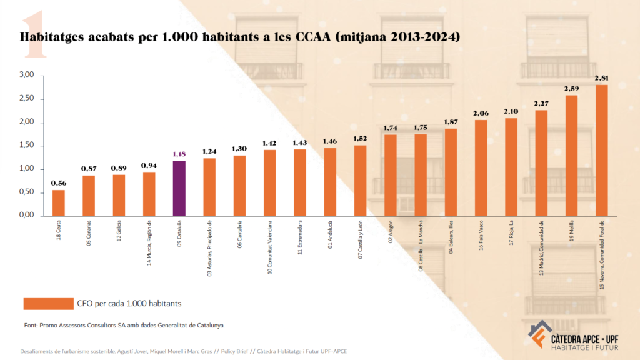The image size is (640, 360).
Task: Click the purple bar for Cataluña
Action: tap(179, 188)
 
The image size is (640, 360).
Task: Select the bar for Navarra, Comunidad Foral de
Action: tap(601, 150)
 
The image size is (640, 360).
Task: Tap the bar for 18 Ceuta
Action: tap(59, 202)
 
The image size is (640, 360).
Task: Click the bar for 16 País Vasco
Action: tap(481, 167)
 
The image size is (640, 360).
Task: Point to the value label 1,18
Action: tap(179, 153)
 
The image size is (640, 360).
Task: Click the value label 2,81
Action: tap(602, 78)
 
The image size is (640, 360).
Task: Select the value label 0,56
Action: tap(59, 182)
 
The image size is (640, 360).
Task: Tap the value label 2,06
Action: tap(481, 113)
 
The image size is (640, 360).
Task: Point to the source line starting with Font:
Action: tap(122, 325)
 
